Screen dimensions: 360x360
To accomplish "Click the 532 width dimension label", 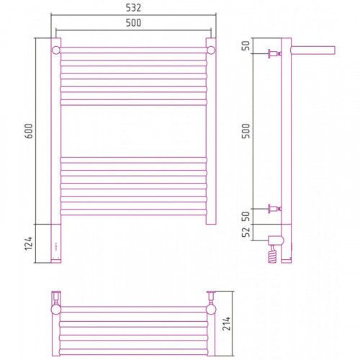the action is pyautogui.click(x=133, y=8).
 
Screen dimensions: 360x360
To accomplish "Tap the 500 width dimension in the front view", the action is pyautogui.click(x=133, y=23).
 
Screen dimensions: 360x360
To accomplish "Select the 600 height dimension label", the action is pyautogui.click(x=29, y=131).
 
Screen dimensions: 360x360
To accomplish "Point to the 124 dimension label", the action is pyautogui.click(x=29, y=243).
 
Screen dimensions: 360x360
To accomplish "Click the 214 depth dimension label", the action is pyautogui.click(x=226, y=323).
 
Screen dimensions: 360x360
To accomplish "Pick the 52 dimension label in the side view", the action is pyautogui.click(x=246, y=232).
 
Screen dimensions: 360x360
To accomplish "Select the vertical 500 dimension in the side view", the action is pyautogui.click(x=246, y=131).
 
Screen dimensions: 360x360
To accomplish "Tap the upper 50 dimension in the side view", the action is pyautogui.click(x=246, y=45).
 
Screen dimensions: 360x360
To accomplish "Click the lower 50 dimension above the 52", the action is pyautogui.click(x=246, y=217).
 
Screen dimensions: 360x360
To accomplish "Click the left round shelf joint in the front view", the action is pyautogui.click(x=56, y=50).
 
